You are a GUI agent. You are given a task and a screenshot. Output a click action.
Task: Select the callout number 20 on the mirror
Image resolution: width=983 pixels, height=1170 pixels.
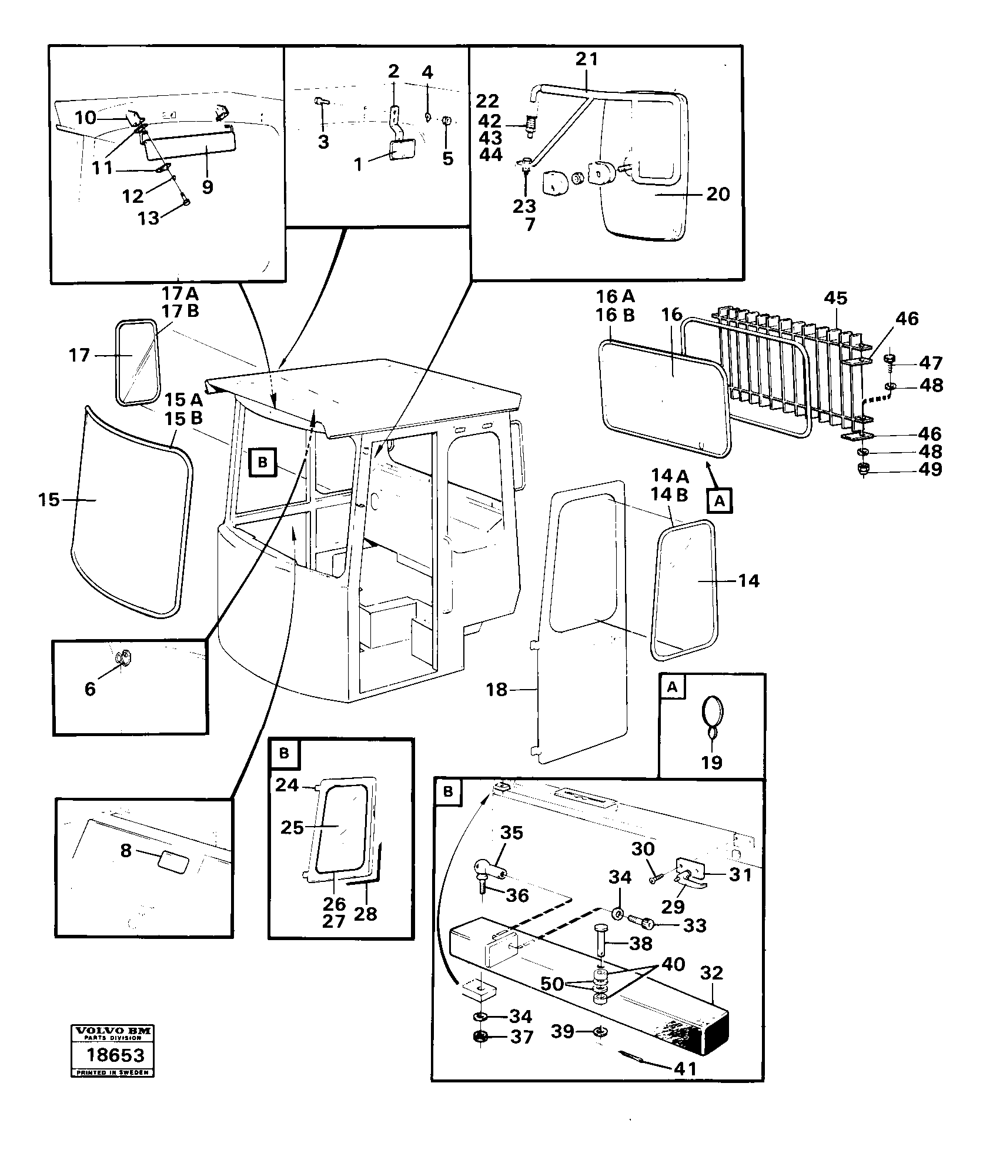coord(717,194)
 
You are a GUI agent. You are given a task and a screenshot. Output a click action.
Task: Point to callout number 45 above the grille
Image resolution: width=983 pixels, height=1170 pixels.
coord(835,298)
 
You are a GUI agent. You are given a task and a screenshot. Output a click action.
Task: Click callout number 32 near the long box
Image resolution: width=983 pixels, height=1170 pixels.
coord(711,973)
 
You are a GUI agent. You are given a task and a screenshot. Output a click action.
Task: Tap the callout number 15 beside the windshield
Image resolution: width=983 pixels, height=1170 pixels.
coord(49,500)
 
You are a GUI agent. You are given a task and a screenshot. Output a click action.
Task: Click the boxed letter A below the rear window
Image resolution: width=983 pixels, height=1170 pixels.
coord(720,502)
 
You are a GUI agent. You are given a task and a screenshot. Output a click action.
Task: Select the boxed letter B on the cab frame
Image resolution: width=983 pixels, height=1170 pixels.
coord(262,463)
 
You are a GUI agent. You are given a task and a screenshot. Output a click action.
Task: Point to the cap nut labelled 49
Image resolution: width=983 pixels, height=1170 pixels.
coord(864,469)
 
